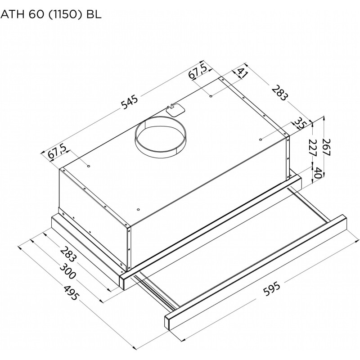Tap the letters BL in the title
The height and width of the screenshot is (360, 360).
(94, 15)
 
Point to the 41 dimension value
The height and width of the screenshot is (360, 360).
(242, 73)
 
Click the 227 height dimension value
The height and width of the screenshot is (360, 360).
(312, 148)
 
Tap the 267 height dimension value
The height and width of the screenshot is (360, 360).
(326, 147)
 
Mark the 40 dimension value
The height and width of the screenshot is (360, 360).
(318, 173)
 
